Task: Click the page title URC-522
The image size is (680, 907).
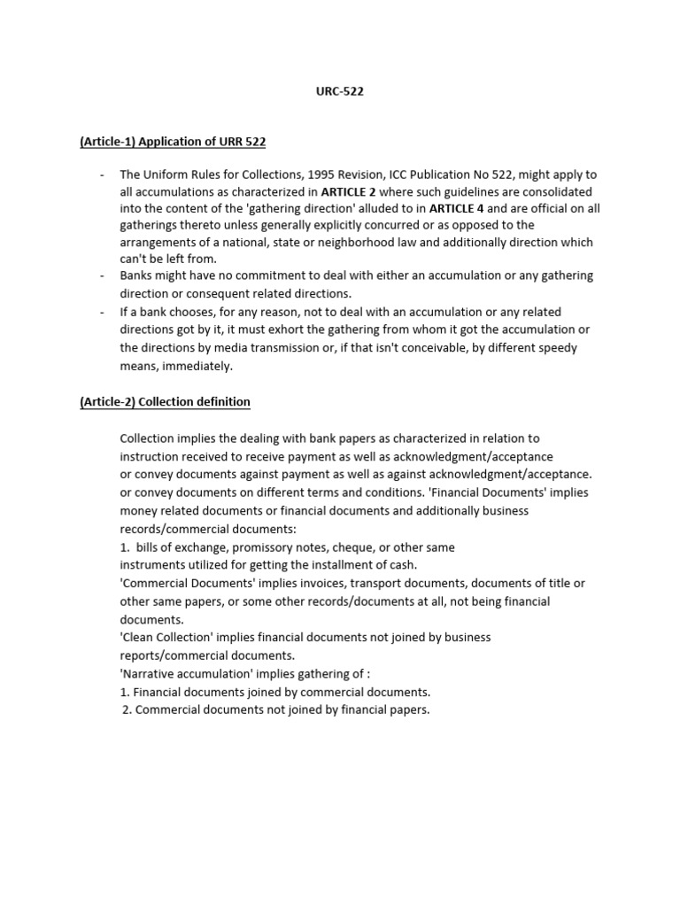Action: point(340,90)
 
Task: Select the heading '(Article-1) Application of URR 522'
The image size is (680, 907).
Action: point(173,142)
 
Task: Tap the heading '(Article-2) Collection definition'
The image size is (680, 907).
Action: point(165,401)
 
